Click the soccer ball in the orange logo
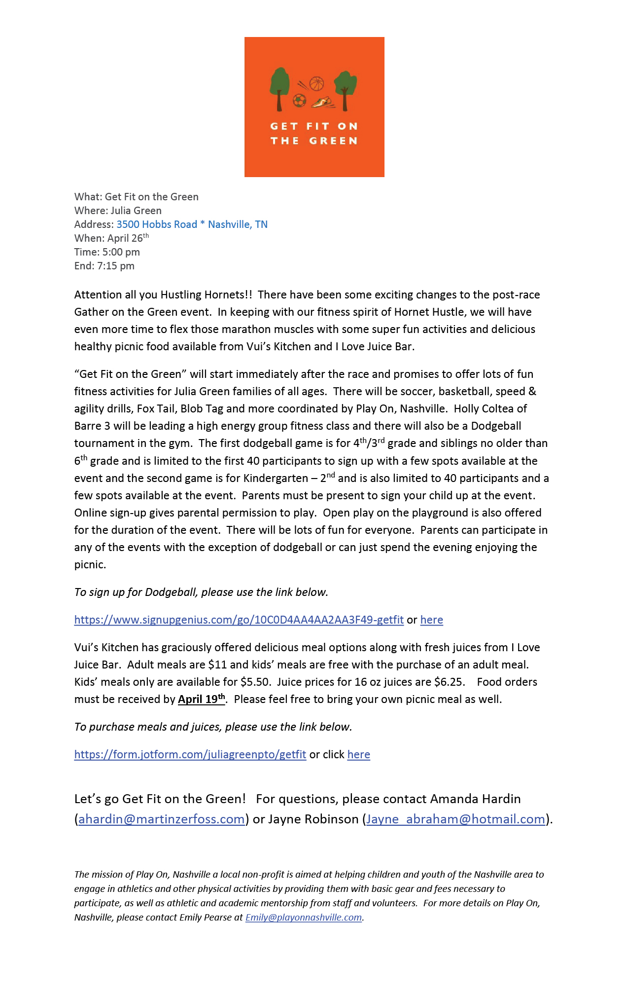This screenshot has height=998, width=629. [x=299, y=100]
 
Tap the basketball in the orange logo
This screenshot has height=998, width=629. [x=316, y=83]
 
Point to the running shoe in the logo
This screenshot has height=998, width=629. [x=322, y=102]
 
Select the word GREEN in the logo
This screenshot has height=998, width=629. [x=333, y=141]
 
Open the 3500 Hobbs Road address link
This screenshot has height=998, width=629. [x=192, y=224]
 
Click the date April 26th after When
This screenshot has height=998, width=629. [x=128, y=238]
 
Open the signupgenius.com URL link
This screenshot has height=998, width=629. [x=239, y=620]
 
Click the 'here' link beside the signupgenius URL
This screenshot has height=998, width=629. [x=431, y=620]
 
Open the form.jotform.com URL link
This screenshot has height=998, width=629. [x=190, y=754]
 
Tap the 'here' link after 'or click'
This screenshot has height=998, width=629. [x=358, y=754]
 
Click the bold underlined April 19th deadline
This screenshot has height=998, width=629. [x=202, y=699]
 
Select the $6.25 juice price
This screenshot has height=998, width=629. [x=449, y=682]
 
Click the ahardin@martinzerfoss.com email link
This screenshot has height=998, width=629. [x=161, y=819]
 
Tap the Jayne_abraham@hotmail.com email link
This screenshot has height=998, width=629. [x=455, y=819]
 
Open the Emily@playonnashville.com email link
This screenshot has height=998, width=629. [x=303, y=917]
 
